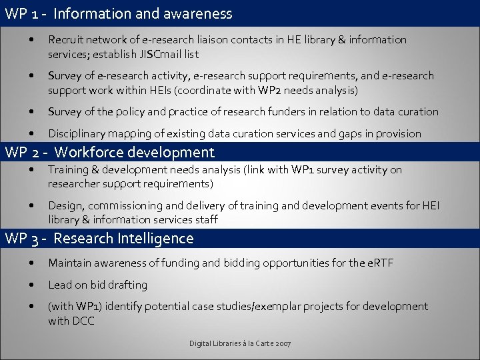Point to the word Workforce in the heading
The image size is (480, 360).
90,153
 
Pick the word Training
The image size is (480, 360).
69,170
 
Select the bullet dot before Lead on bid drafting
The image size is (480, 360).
33,285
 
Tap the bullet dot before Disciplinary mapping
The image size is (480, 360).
33,133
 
